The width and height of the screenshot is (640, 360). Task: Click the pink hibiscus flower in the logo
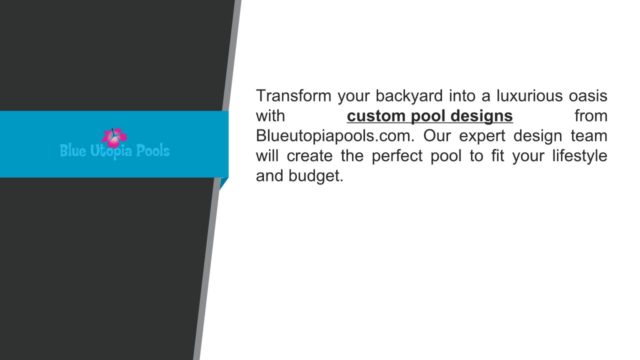tap(114, 137)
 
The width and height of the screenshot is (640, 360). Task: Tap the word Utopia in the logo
tap(111, 151)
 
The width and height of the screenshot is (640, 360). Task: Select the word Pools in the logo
tap(153, 150)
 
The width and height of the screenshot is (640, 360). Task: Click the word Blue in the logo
tap(73, 150)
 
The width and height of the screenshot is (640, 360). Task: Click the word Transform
tap(293, 95)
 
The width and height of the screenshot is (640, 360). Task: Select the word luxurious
tap(529, 95)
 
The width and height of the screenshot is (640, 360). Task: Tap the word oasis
tap(588, 96)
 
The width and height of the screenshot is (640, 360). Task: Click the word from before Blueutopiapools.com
tap(591, 116)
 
